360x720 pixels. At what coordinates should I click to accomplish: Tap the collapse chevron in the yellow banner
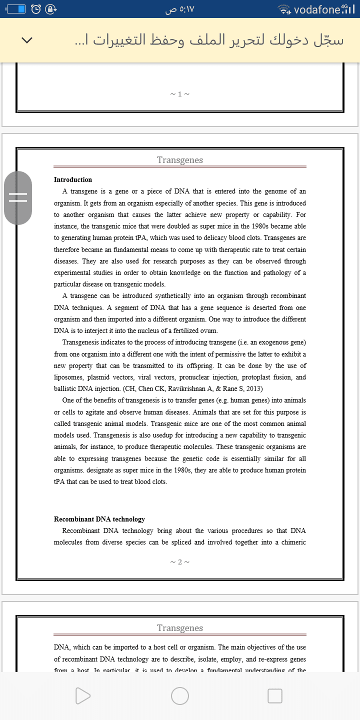[x=27, y=40]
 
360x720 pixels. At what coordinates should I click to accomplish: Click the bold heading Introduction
[x=73, y=179]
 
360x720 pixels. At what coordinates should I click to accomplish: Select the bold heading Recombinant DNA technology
[x=99, y=519]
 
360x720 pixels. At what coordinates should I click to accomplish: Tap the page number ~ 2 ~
[x=180, y=561]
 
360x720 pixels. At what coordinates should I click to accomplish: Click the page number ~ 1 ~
[x=180, y=93]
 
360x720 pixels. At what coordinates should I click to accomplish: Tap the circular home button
[x=180, y=695]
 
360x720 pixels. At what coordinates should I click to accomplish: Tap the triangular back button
[x=83, y=695]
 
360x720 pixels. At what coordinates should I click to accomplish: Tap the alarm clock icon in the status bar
[x=36, y=9]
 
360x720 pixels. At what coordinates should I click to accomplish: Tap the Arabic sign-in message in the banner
[x=209, y=40]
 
